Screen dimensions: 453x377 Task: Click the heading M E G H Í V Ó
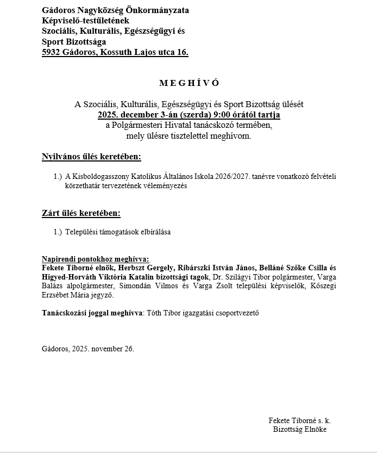[x=189, y=83]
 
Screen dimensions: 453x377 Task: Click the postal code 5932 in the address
[x=52, y=52]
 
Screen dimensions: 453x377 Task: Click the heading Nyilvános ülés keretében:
[x=91, y=157]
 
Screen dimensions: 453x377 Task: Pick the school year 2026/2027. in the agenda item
[x=230, y=177]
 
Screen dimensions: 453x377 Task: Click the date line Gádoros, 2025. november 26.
[x=87, y=349]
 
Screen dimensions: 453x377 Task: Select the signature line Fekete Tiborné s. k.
[x=299, y=420]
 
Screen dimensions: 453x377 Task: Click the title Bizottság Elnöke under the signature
[x=299, y=429]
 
